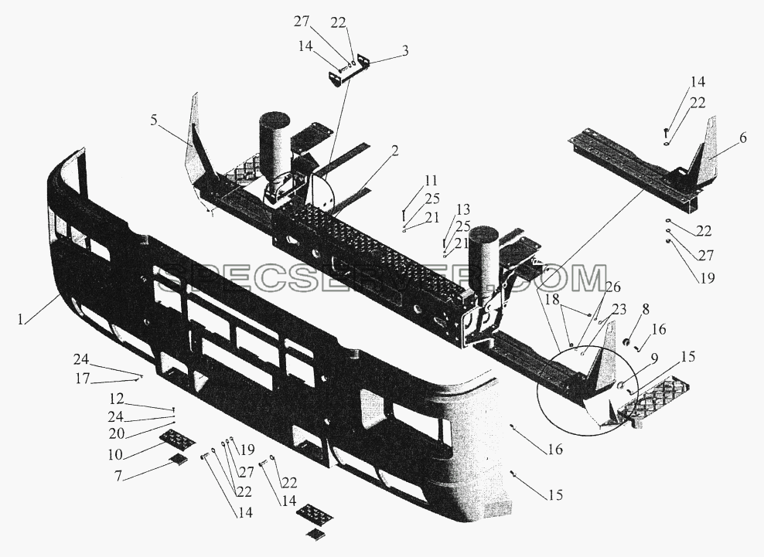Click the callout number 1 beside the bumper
point(20,319)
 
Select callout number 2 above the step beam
point(394,151)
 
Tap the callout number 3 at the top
point(404,51)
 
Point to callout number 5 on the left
point(154,121)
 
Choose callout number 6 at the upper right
point(742,138)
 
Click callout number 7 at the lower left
point(118,476)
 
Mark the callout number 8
point(646,309)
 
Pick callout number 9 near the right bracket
point(654,359)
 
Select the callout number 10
point(115,454)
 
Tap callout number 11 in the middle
point(431,182)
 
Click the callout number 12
point(117,399)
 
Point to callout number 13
point(463,209)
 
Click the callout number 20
point(117,433)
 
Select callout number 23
point(619,309)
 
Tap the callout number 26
point(613,287)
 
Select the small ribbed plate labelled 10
point(178,438)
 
